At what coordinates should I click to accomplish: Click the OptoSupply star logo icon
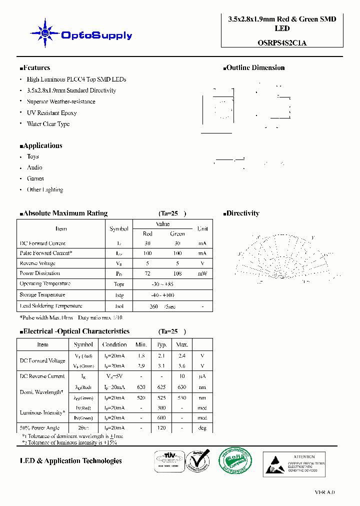44,33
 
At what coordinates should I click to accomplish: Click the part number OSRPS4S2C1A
282,42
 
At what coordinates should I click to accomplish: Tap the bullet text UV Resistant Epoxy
51,113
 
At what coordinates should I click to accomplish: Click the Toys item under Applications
32,156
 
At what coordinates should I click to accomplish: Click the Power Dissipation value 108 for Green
177,273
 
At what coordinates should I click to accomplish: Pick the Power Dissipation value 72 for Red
147,273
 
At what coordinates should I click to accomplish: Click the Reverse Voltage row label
37,263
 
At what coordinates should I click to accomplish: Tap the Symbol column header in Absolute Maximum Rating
119,228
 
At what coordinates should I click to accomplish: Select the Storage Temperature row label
42,295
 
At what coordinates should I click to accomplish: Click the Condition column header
114,344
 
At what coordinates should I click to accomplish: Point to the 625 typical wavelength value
161,387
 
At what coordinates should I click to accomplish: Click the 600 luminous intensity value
161,418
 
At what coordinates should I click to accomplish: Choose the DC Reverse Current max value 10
182,376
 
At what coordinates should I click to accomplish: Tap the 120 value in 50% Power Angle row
161,428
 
